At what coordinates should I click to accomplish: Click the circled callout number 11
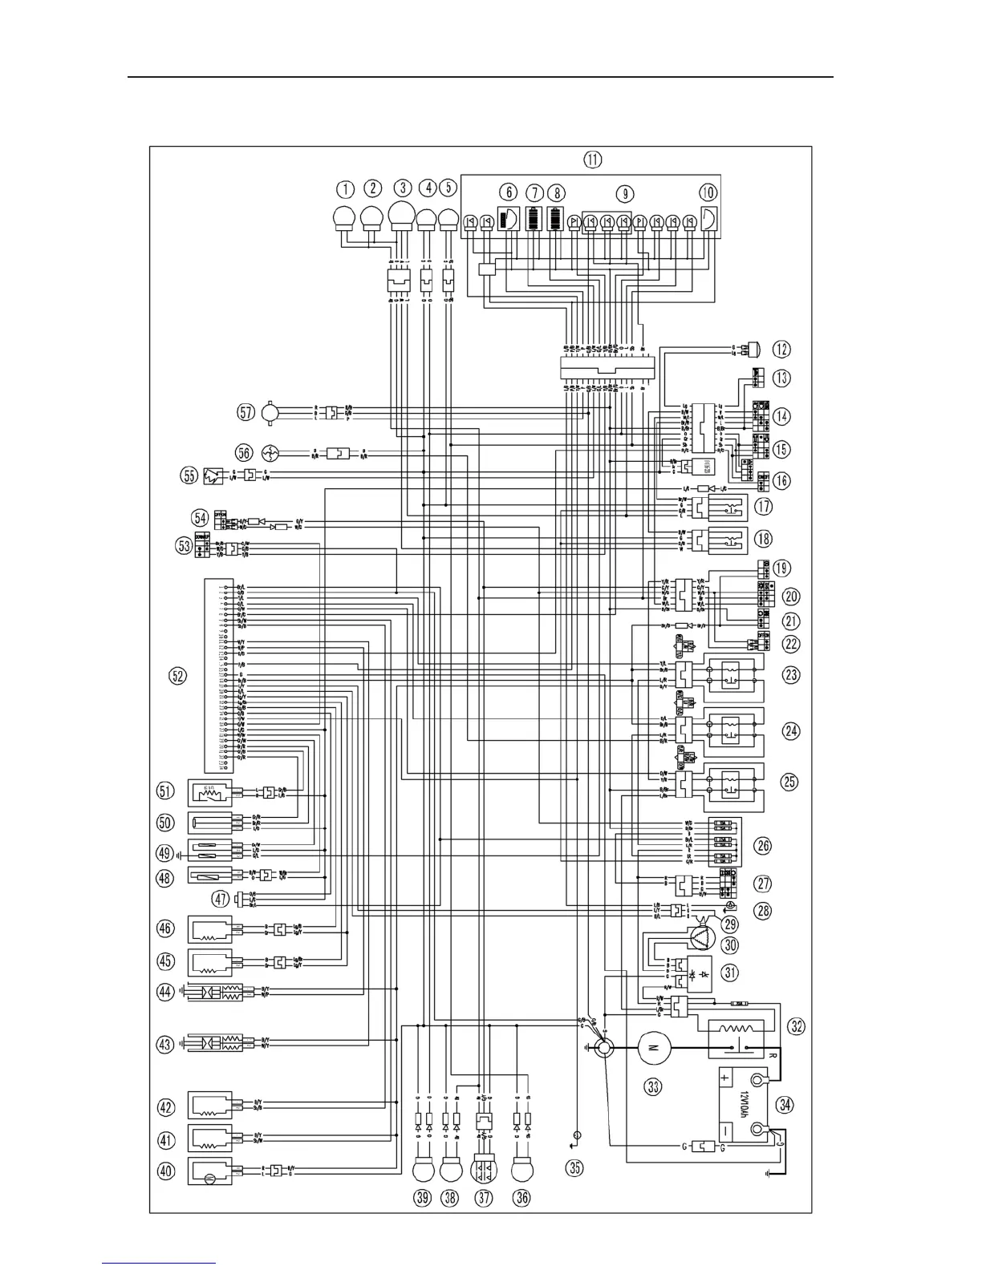(x=592, y=160)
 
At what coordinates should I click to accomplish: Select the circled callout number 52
(x=177, y=676)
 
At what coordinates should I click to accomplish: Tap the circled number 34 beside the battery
(x=785, y=1103)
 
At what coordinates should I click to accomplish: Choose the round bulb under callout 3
(x=402, y=216)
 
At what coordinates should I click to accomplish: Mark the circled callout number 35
(x=575, y=1167)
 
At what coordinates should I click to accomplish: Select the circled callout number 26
(x=763, y=845)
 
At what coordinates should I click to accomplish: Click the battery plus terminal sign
(x=724, y=1078)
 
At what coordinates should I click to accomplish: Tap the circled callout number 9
(x=624, y=193)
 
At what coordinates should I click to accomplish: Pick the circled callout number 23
(x=792, y=675)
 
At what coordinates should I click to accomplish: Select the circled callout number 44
(x=166, y=992)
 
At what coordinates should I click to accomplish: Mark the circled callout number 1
(x=345, y=189)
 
